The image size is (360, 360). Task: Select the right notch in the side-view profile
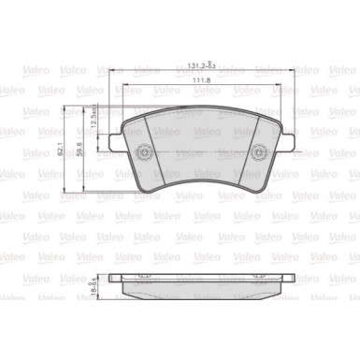pos(266,253)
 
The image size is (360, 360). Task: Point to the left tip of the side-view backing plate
pos(110,254)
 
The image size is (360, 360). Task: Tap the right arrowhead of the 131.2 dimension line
pos(294,73)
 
